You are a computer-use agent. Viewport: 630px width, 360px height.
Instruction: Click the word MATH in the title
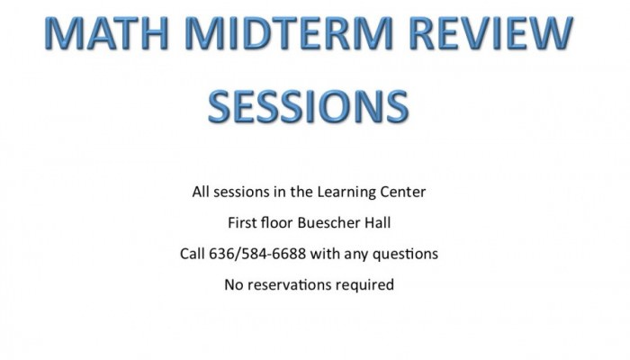coord(106,33)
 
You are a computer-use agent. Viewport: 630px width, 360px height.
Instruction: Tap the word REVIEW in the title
coord(491,33)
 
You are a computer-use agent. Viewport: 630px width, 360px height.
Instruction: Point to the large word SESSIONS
coord(308,106)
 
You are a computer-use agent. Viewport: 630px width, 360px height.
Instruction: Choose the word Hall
coord(377,222)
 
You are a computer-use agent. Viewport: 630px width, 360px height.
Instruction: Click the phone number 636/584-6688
coord(257,254)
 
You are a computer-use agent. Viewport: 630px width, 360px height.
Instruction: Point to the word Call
coord(192,254)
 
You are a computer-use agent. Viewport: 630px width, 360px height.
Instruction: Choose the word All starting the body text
coord(201,192)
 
